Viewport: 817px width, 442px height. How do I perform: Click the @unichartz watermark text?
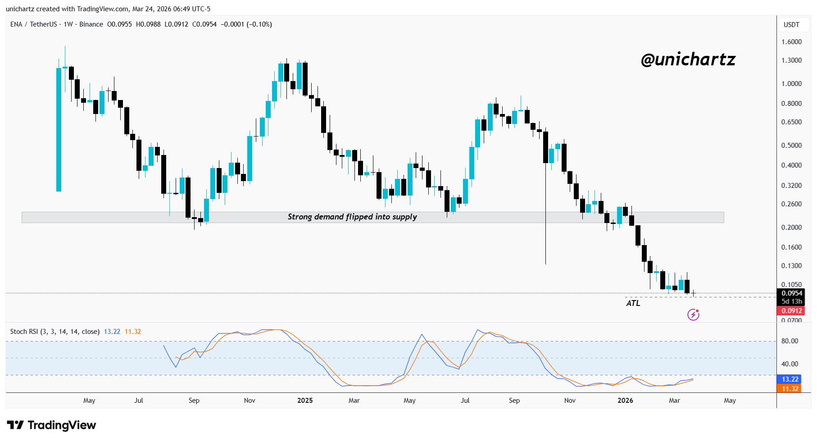point(688,59)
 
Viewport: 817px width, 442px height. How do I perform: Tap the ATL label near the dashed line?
point(633,303)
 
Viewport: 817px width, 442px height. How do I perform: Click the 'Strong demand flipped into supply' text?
point(352,217)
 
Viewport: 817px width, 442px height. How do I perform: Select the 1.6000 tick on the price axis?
point(791,42)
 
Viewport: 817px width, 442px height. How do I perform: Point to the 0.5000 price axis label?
point(791,146)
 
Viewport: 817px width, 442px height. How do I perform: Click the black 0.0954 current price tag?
point(791,293)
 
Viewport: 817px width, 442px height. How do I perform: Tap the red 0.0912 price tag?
point(791,311)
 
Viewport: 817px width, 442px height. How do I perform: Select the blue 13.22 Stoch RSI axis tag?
point(790,379)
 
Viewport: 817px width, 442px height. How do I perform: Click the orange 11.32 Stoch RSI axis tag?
point(790,389)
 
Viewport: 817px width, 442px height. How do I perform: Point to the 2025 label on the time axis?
point(305,401)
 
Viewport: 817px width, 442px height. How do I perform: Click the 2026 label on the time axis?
point(625,401)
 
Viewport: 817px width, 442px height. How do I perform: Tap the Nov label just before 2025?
point(250,401)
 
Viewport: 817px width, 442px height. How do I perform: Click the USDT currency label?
point(791,25)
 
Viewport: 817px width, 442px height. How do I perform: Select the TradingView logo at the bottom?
point(52,425)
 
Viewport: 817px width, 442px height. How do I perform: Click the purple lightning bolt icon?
point(693,314)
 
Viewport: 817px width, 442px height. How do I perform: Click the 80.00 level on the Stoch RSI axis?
point(790,341)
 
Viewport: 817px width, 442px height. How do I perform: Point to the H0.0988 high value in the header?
point(148,24)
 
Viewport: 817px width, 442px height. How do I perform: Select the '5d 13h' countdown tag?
point(791,301)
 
